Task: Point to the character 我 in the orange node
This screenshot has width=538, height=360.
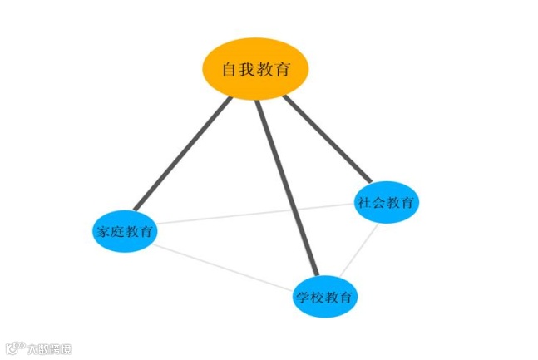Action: click(x=247, y=70)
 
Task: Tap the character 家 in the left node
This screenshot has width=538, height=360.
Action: click(x=100, y=232)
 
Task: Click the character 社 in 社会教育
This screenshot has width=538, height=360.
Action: click(x=363, y=202)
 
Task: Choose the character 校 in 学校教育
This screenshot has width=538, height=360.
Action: click(x=318, y=298)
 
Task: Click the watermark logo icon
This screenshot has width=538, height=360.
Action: click(x=14, y=348)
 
